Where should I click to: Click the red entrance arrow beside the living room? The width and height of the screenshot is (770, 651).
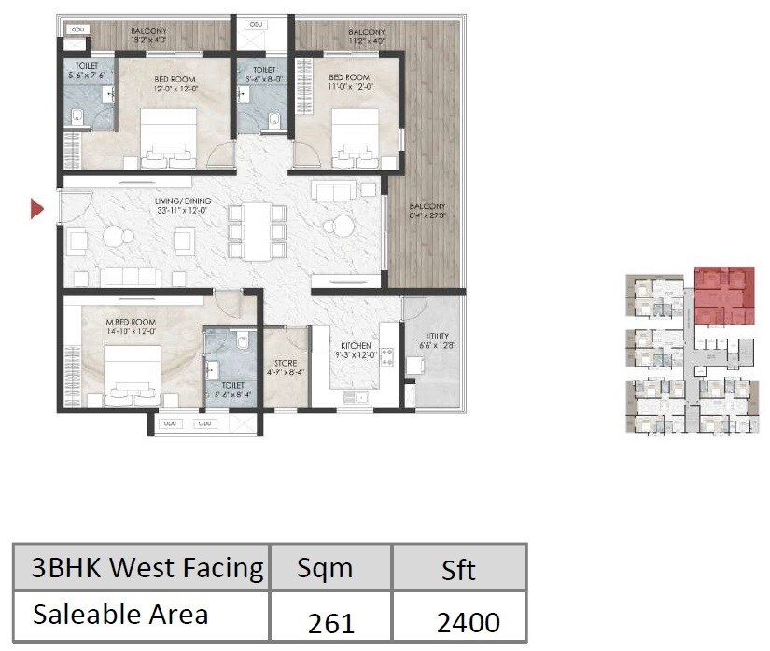pyautogui.click(x=37, y=209)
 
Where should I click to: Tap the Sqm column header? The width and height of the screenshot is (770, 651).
pyautogui.click(x=325, y=569)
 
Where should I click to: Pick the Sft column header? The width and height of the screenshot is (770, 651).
pyautogui.click(x=458, y=569)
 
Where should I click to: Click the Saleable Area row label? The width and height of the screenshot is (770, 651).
pyautogui.click(x=120, y=614)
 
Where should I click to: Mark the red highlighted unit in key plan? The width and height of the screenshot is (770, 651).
pyautogui.click(x=723, y=293)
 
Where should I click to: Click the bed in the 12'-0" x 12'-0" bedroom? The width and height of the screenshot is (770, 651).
pyautogui.click(x=168, y=137)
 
